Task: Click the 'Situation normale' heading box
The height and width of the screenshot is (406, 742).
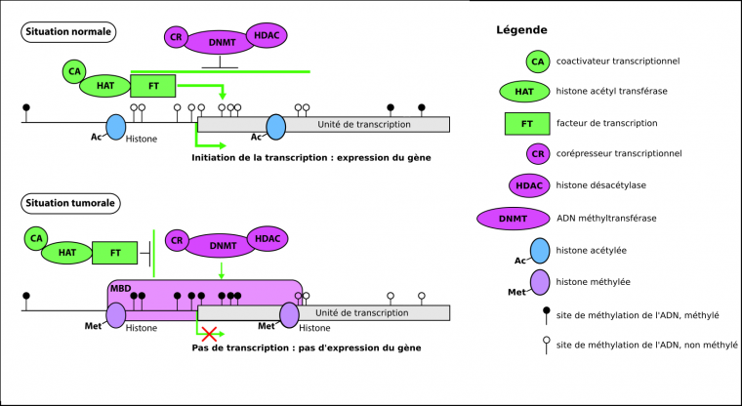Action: tap(68, 32)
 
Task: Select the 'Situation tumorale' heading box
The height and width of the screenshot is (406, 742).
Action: tap(70, 204)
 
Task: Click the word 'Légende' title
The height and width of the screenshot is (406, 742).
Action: tap(521, 30)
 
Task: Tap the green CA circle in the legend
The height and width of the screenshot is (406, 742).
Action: tap(536, 61)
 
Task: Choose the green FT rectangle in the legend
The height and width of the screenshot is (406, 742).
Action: tap(526, 123)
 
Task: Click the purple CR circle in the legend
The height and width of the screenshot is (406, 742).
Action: tap(536, 153)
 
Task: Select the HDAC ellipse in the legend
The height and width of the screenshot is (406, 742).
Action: tap(528, 185)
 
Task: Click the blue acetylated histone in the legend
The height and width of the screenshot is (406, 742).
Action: tap(540, 250)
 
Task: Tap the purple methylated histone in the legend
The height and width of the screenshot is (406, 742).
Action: tap(540, 282)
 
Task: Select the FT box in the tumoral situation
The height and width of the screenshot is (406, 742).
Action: tap(115, 253)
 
